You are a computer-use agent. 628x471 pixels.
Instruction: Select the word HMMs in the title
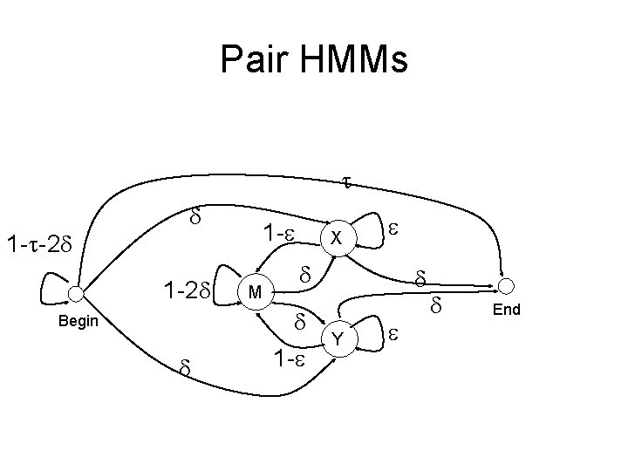click(355, 59)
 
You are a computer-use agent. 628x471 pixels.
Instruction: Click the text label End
click(506, 310)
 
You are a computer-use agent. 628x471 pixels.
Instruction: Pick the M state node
click(252, 291)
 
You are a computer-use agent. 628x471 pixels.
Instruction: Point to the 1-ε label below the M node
click(289, 358)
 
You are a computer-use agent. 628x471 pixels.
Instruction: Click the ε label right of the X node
click(393, 227)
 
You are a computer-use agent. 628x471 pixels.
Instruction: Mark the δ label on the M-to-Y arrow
click(299, 322)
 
